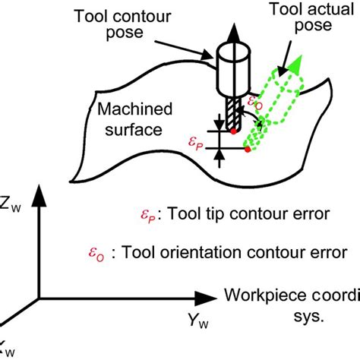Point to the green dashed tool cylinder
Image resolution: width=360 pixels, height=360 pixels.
(x=272, y=110)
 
